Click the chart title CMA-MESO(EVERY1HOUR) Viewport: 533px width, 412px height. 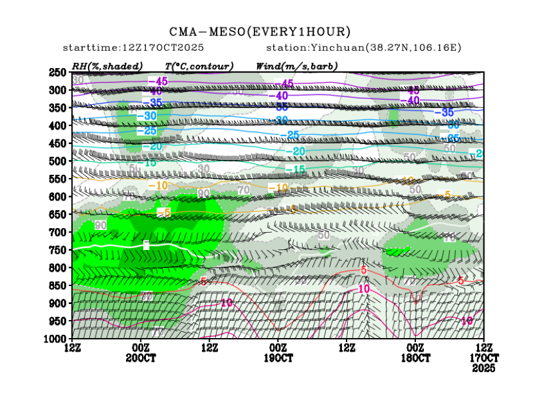pyautogui.click(x=260, y=31)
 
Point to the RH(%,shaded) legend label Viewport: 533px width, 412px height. pyautogui.click(x=107, y=66)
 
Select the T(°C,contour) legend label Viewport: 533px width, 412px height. pyautogui.click(x=199, y=66)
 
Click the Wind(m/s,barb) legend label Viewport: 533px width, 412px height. pyautogui.click(x=296, y=66)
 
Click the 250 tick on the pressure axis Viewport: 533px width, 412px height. pyautogui.click(x=58, y=72)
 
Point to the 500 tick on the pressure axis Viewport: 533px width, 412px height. pyautogui.click(x=58, y=161)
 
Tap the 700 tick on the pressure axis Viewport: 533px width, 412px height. pyautogui.click(x=58, y=232)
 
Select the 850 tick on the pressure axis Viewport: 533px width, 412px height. pyautogui.click(x=58, y=285)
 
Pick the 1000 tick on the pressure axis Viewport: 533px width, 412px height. pyautogui.click(x=56, y=338)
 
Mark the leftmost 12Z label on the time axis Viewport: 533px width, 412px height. pyautogui.click(x=73, y=348)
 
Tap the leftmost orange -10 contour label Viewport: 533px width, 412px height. pyautogui.click(x=158, y=186)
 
